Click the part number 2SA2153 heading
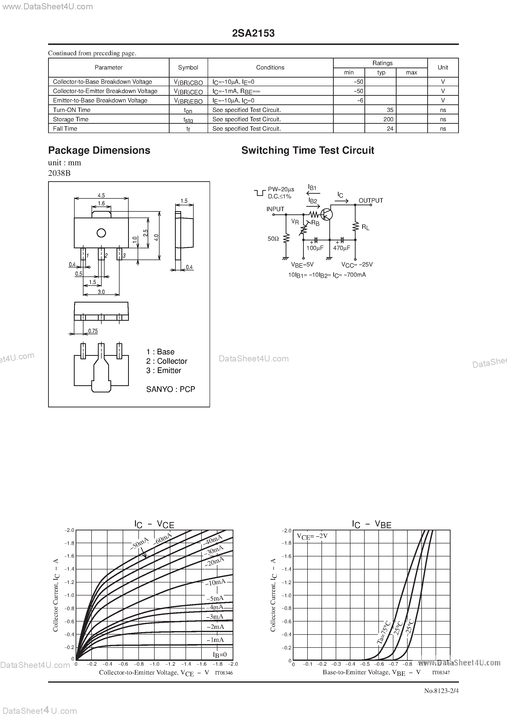[x=253, y=33]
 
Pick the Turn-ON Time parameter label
[x=72, y=110]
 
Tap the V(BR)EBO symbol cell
[x=188, y=101]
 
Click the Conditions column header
[x=270, y=68]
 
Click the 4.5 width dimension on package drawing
[x=101, y=195]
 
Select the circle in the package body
[x=101, y=233]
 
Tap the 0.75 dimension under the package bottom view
[x=93, y=331]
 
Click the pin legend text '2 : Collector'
[x=167, y=361]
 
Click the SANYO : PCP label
[x=171, y=389]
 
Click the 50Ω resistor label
[x=273, y=239]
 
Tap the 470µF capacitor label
[x=342, y=248]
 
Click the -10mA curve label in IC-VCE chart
[x=215, y=582]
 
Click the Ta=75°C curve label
[x=384, y=632]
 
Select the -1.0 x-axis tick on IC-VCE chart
[x=154, y=664]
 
